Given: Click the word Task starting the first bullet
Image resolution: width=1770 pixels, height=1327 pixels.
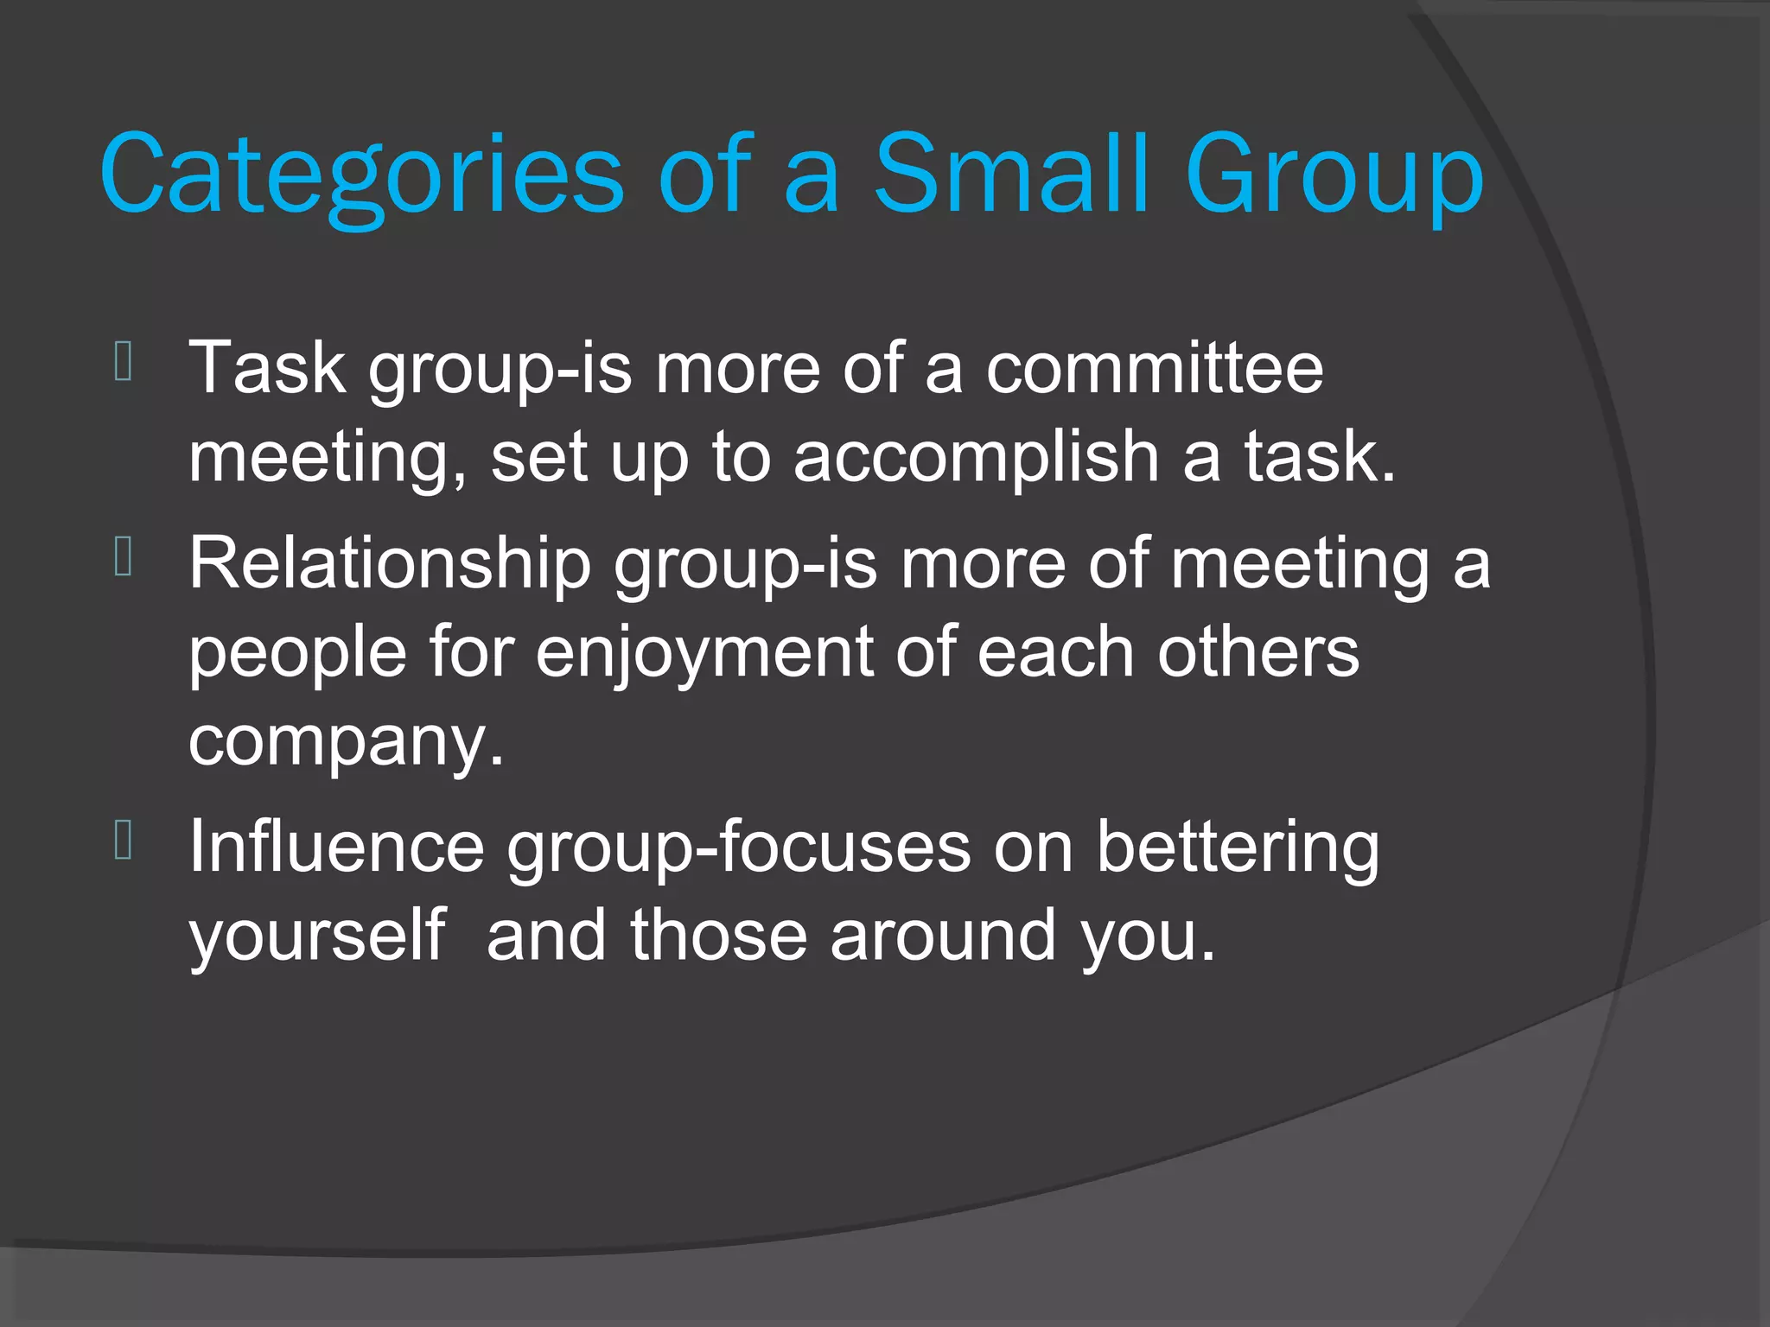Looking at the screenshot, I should (x=267, y=368).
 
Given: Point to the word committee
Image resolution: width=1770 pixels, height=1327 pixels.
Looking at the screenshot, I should (x=1155, y=368).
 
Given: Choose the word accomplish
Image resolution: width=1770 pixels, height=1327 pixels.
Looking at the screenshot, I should (x=976, y=459).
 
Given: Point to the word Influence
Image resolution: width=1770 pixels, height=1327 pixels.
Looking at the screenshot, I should (x=336, y=847).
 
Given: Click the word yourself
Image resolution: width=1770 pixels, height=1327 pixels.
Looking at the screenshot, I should (x=317, y=937).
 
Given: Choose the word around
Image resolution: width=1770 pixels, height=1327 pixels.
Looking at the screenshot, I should (x=943, y=936).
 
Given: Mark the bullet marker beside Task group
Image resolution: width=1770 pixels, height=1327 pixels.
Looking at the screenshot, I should (x=123, y=362).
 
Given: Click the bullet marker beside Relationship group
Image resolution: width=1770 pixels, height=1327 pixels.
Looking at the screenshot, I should (x=123, y=557).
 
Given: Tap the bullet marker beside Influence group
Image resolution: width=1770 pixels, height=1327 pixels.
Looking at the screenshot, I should (x=123, y=841).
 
